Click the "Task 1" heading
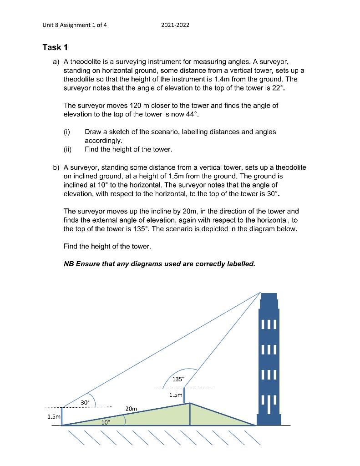click(x=55, y=47)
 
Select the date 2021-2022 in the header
click(x=175, y=25)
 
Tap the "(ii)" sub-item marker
click(x=68, y=149)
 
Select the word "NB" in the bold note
click(x=69, y=264)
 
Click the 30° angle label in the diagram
click(x=85, y=402)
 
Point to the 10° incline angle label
click(x=105, y=422)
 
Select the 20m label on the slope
click(x=131, y=409)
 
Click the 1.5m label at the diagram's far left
click(x=53, y=416)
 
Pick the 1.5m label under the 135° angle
click(x=175, y=395)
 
